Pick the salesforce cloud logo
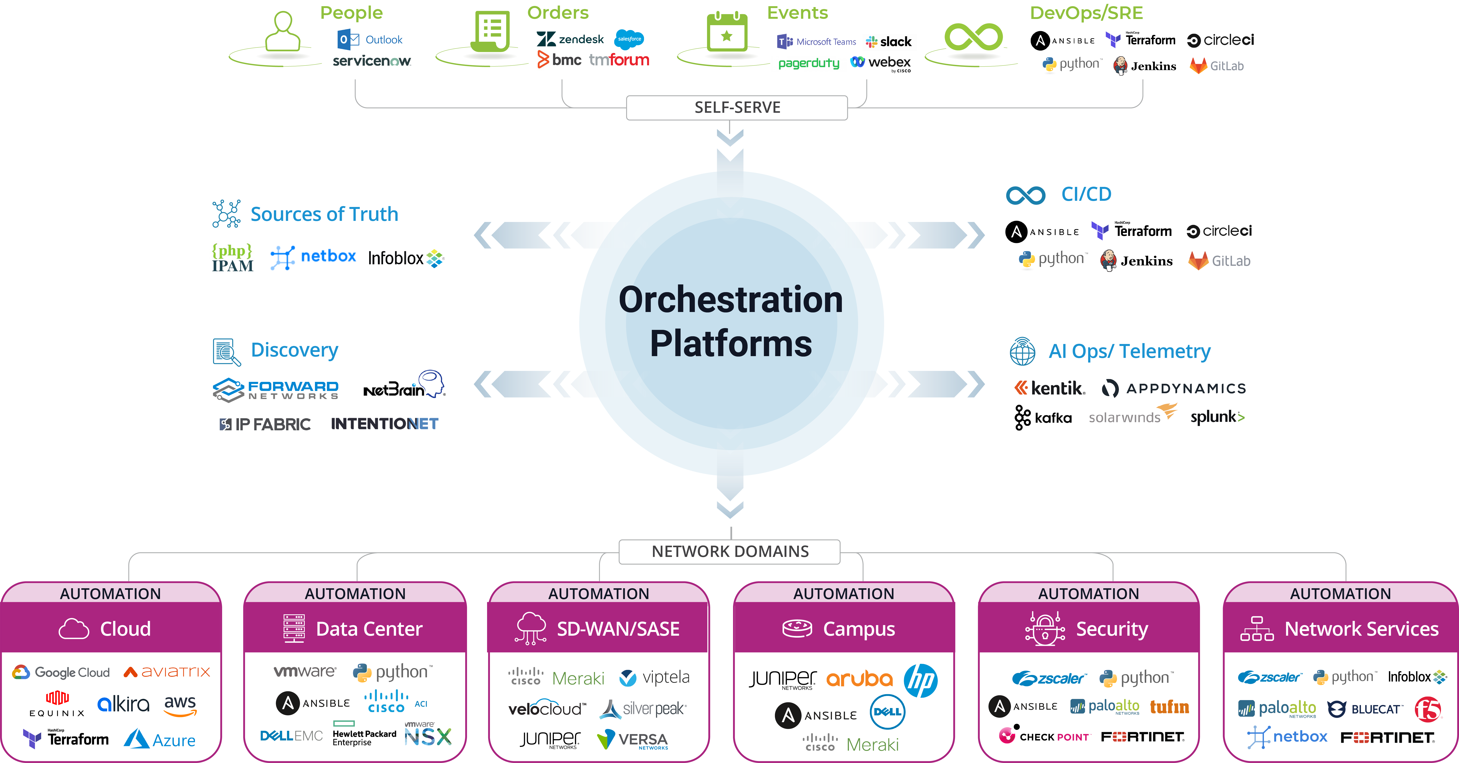[629, 39]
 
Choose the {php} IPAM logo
[232, 258]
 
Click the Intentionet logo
[385, 424]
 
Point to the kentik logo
[1050, 388]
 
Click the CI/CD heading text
[1086, 194]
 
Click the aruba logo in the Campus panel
[859, 679]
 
